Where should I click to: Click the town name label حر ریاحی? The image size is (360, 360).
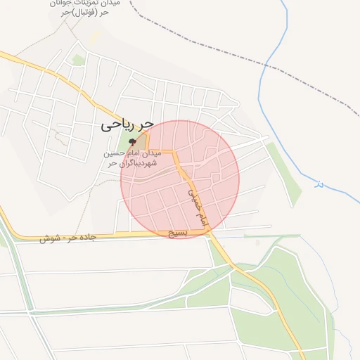(127, 125)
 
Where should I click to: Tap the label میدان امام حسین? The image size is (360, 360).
(134, 153)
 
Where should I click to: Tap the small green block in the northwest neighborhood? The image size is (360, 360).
(78, 60)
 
